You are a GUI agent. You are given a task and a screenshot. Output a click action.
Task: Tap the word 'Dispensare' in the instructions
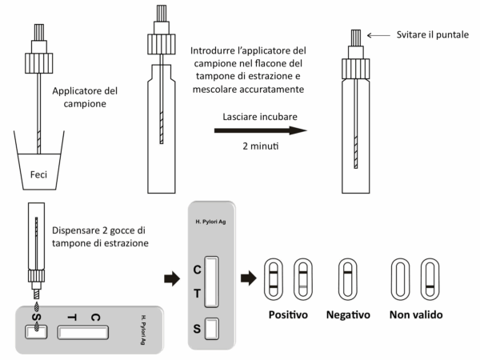pos(76,231)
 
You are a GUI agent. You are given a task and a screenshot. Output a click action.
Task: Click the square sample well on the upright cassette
pos(211,328)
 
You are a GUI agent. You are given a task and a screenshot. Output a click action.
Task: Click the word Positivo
pos(289,314)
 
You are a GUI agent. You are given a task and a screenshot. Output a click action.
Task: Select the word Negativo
pos(349,314)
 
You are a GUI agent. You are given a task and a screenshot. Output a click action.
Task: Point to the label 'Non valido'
pos(418,314)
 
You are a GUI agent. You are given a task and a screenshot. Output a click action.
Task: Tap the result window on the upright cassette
pos(211,281)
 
